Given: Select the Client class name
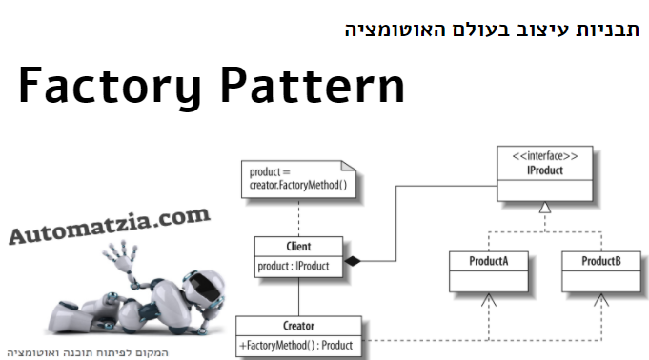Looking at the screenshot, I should click(297, 247).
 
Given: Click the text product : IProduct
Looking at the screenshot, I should click(294, 267).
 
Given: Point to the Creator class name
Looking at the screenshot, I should click(299, 326).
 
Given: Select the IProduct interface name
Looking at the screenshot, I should click(545, 170).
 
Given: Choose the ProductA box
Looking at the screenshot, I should click(488, 270).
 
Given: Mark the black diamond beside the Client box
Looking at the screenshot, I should click(352, 260).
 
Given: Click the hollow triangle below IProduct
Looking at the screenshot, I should click(545, 207).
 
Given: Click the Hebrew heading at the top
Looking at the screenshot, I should click(492, 29).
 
